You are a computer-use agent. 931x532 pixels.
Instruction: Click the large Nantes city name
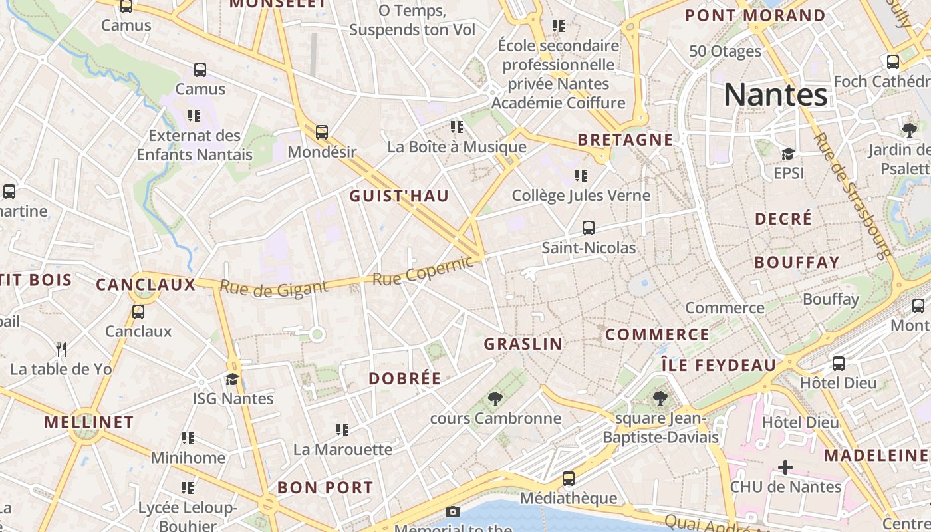(775, 94)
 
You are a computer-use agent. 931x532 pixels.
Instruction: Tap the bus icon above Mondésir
(322, 132)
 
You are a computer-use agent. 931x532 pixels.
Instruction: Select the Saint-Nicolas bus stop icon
(589, 228)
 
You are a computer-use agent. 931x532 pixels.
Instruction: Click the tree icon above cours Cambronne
(495, 399)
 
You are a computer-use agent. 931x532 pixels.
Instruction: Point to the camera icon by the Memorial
(453, 511)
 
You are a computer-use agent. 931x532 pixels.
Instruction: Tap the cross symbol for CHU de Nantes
(785, 467)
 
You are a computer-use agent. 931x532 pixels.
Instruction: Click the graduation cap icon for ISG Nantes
(232, 379)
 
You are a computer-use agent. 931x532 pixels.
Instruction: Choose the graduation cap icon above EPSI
(788, 154)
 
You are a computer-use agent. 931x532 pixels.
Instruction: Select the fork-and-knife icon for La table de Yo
(61, 349)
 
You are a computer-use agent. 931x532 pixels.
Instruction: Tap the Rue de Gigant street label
(273, 287)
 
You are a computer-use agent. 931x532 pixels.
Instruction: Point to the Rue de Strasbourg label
(852, 196)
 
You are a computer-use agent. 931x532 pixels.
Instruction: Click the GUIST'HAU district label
(399, 196)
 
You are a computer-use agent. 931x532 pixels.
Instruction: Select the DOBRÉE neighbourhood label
(405, 379)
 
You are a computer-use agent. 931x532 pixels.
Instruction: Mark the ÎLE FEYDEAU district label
(719, 365)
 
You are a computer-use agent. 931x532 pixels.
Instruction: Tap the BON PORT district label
(325, 487)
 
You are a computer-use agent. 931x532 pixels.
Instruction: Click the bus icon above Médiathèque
(569, 479)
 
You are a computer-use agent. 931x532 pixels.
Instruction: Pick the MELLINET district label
(89, 422)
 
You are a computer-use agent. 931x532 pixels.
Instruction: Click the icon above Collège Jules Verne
(581, 176)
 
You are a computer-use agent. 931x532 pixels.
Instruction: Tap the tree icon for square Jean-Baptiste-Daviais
(660, 399)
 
